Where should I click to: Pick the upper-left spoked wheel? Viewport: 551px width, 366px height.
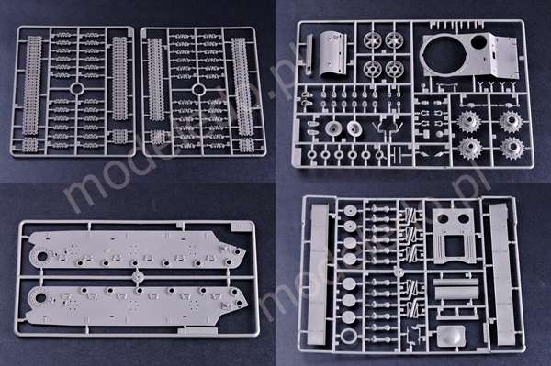click(373, 41)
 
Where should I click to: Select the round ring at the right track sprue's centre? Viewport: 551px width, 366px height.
click(199, 90)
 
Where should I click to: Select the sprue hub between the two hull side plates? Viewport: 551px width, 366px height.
click(138, 275)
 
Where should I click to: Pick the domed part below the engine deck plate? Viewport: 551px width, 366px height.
click(448, 335)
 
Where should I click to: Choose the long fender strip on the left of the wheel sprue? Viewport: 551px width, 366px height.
click(319, 275)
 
